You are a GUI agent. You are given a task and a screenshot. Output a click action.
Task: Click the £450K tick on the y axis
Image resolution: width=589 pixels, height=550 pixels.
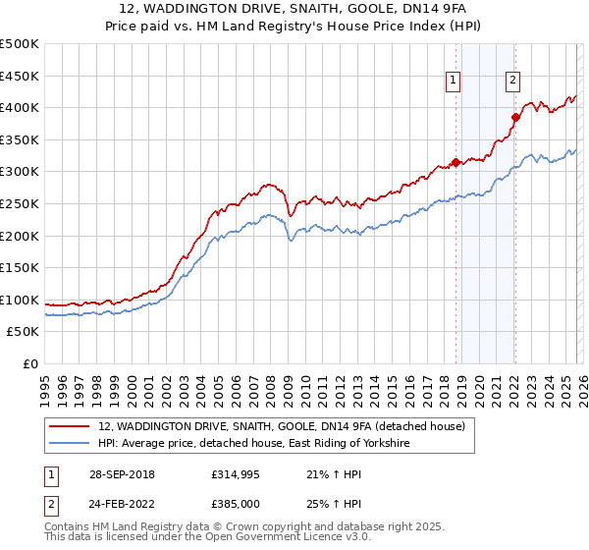pyautogui.click(x=20, y=76)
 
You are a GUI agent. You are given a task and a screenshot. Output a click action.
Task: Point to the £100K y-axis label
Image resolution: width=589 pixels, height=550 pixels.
pyautogui.click(x=20, y=300)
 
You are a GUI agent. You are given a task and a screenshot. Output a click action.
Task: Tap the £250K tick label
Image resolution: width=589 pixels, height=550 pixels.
pyautogui.click(x=20, y=203)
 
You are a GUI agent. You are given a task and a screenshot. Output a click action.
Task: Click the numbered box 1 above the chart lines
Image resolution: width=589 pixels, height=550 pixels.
pyautogui.click(x=455, y=82)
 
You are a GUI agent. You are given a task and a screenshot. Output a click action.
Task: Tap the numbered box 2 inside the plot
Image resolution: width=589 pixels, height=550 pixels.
pyautogui.click(x=513, y=82)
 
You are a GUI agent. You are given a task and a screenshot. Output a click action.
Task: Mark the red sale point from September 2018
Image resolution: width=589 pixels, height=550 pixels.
pyautogui.click(x=455, y=163)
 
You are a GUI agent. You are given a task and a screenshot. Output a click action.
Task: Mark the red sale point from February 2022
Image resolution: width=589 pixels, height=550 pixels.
pyautogui.click(x=514, y=117)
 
